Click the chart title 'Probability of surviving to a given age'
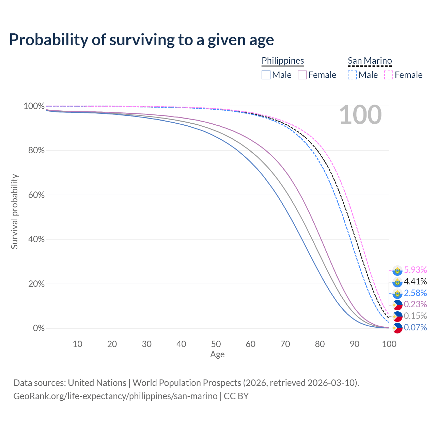(141, 40)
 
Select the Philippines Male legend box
(266, 75)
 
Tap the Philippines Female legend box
(302, 75)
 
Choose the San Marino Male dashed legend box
(352, 75)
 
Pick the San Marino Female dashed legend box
(389, 75)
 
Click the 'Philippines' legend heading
(283, 61)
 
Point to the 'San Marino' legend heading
(370, 61)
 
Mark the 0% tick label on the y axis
(39, 328)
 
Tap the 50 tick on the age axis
(216, 344)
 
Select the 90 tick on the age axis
(355, 344)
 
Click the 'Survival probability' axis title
(14, 212)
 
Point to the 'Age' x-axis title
(217, 355)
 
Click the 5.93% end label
(415, 270)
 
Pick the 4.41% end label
(415, 282)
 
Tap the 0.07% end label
(415, 328)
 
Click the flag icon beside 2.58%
(397, 293)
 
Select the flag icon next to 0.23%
(397, 305)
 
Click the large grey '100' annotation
(360, 115)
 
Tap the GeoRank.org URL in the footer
(115, 396)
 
